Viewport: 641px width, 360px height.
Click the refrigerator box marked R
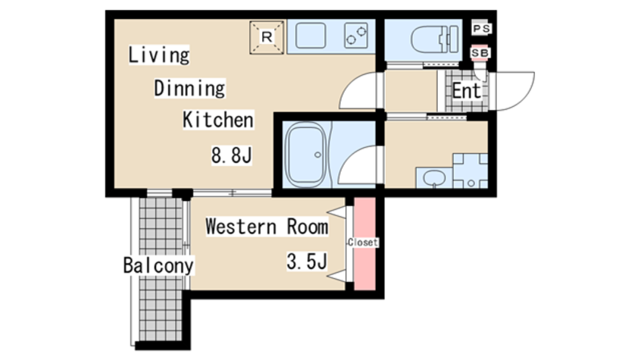point(267,38)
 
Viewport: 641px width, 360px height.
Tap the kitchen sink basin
point(311,36)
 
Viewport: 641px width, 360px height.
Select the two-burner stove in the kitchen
point(355,36)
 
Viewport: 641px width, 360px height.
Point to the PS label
point(481,29)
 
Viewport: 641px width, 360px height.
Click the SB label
point(480,53)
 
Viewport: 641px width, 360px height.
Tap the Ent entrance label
point(466,91)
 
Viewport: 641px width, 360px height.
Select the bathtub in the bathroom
point(306,155)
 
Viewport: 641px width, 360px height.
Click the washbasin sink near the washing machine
point(434,178)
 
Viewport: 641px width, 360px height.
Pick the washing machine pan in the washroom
point(470,171)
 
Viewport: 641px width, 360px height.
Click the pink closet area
point(364,244)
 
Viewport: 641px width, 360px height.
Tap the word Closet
point(363,243)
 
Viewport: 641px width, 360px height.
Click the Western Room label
point(267,226)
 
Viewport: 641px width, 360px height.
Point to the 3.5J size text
point(307,261)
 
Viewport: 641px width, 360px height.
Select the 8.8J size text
point(231,155)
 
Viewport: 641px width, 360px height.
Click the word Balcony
point(158,265)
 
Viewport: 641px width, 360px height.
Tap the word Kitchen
point(218,120)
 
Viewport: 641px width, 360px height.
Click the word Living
point(159,55)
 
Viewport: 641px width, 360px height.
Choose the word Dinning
point(189,89)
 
